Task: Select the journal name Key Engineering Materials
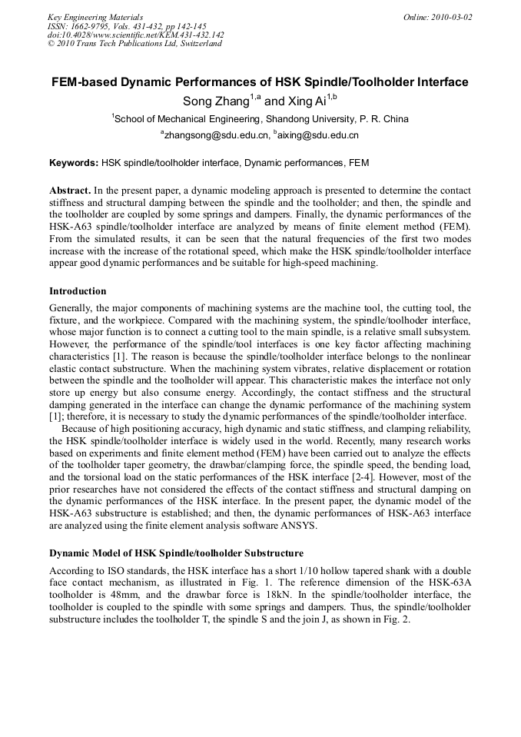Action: pos(95,17)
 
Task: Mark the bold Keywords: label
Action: pos(74,163)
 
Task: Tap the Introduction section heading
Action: pos(78,291)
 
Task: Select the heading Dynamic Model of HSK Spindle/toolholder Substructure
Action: pos(176,553)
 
